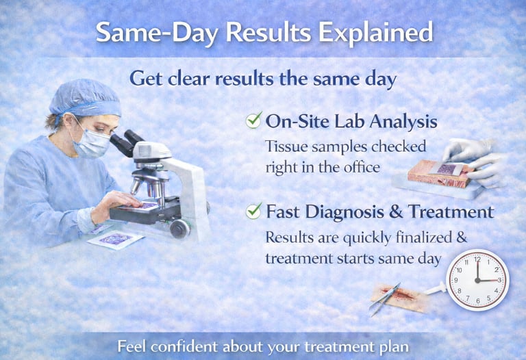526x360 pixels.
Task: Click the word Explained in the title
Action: [x=379, y=32]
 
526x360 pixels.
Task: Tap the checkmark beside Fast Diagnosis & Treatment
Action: [x=253, y=211]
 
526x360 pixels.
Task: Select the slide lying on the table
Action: [x=115, y=240]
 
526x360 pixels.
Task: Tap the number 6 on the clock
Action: [x=477, y=300]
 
